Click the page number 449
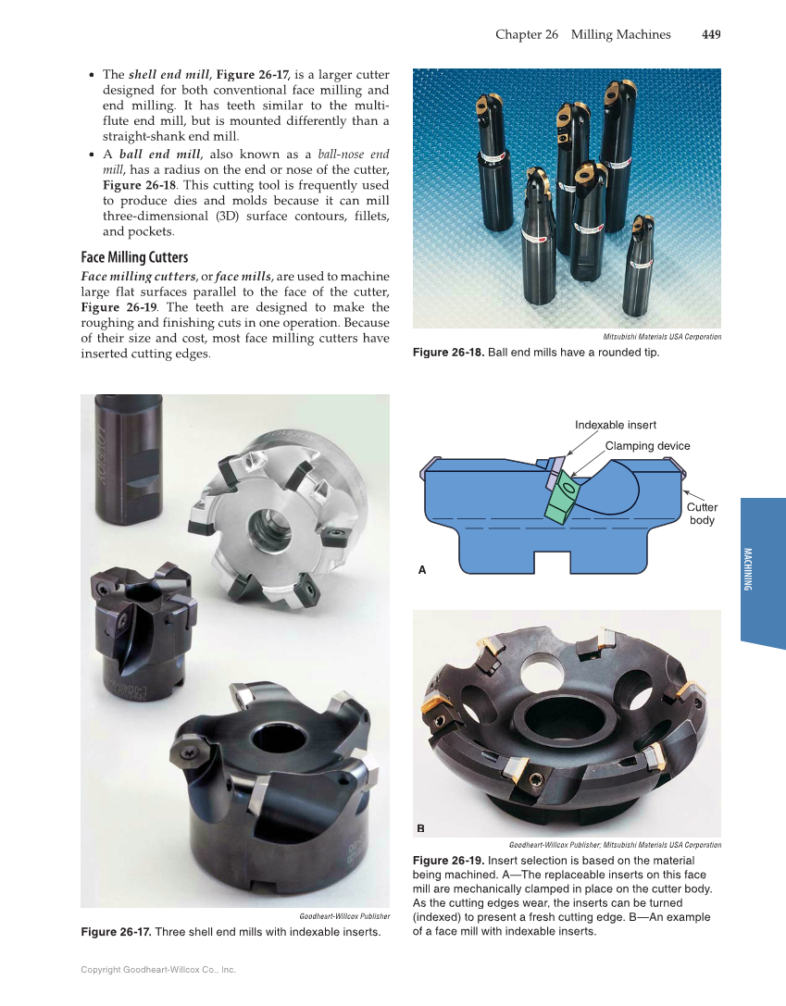pos(711,34)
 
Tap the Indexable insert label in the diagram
pos(615,425)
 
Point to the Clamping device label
pos(647,445)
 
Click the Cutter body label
pos(702,514)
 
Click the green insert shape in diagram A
pos(561,500)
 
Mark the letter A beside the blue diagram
pos(422,570)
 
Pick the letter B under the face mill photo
pos(421,827)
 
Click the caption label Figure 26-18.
pos(448,353)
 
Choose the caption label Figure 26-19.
pos(448,861)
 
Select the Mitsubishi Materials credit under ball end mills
pos(661,336)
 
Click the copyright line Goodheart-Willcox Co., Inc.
pos(158,970)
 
